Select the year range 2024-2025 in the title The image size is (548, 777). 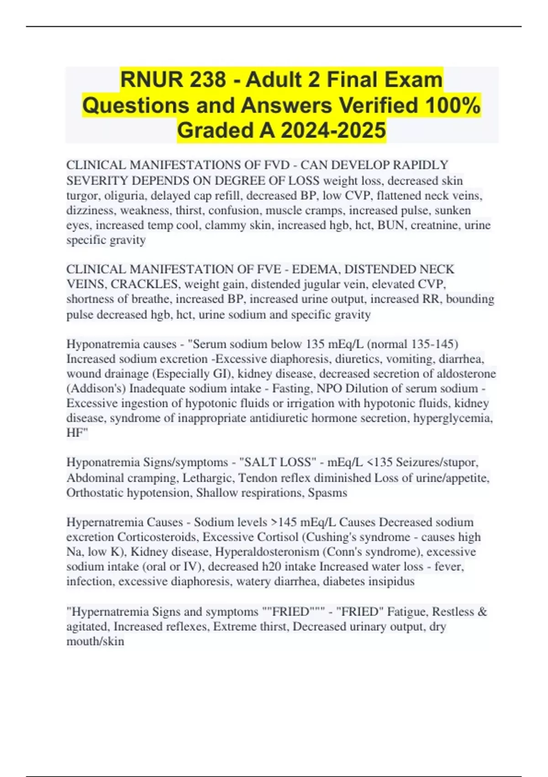[x=333, y=130]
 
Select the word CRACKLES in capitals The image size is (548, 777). [x=146, y=284]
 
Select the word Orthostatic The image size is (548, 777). [x=95, y=493]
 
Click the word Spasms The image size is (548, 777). [x=327, y=493]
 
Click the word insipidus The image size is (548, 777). [x=389, y=581]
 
